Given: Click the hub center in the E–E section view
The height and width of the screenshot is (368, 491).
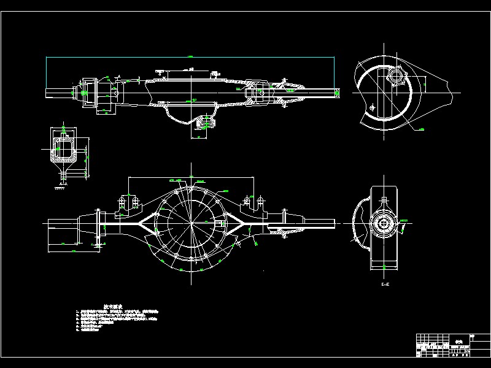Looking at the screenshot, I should tap(384, 223).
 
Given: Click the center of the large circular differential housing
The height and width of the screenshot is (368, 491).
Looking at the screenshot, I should tap(192, 221).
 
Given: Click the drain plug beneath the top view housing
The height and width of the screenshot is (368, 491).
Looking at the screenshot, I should tap(204, 123).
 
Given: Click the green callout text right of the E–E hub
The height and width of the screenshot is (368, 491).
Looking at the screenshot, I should tap(403, 220).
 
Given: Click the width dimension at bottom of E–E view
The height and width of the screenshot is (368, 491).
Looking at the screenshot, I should tap(384, 267).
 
